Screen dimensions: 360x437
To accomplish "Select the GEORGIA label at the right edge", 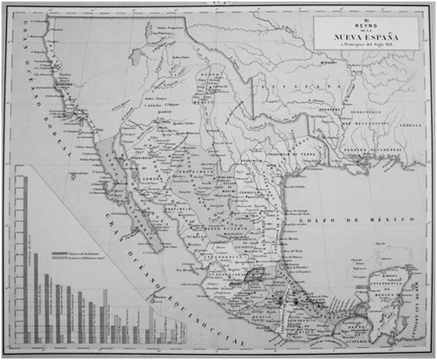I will point(405,125).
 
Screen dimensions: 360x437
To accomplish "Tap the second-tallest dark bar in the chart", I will point(36,298).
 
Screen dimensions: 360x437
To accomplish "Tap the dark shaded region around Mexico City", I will point(253,274).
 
